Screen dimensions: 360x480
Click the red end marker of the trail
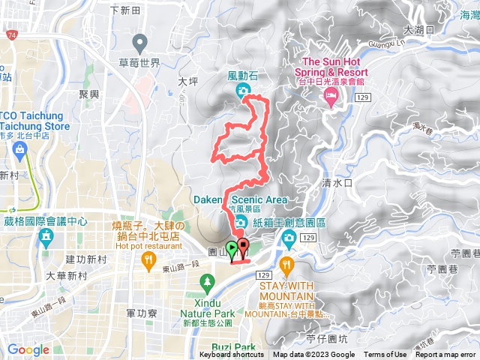tap(243, 246)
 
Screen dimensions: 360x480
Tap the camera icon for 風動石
tap(242, 91)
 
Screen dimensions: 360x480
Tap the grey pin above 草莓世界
tap(139, 43)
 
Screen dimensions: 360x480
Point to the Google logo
tap(28, 349)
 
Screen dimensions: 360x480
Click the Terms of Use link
tap(385, 355)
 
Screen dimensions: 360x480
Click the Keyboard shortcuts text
tap(231, 355)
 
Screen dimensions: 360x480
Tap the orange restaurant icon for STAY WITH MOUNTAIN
tap(286, 265)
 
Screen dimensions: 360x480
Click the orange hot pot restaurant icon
tap(148, 259)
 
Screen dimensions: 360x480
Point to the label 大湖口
tap(418, 30)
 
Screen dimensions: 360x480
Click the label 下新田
tap(124, 10)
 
